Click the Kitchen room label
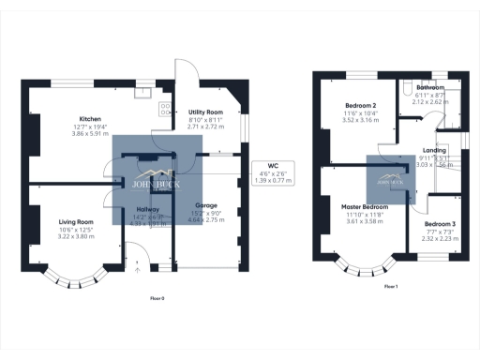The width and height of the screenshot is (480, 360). (x=90, y=119)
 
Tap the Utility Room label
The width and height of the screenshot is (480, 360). (x=204, y=112)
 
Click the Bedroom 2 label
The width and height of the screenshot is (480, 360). (x=361, y=105)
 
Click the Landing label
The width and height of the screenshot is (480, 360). (x=434, y=150)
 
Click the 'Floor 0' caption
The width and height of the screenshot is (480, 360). (x=157, y=298)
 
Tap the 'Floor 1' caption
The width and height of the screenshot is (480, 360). (x=391, y=286)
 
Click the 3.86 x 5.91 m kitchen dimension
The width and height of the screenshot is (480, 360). (x=90, y=135)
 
